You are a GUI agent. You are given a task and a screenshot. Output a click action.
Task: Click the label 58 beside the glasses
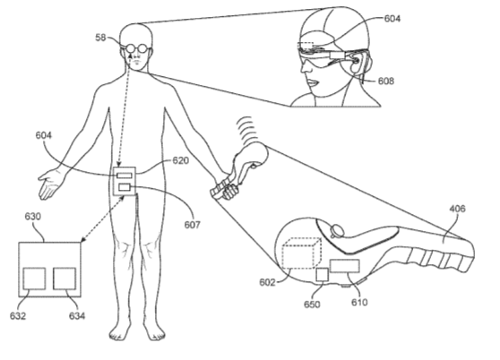click(x=100, y=38)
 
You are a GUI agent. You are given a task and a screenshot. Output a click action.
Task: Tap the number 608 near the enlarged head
click(x=386, y=81)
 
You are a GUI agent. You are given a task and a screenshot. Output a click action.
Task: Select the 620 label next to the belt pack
click(x=180, y=160)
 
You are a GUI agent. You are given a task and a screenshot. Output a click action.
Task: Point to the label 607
click(x=192, y=225)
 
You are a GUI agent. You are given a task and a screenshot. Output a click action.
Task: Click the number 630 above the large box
click(x=33, y=217)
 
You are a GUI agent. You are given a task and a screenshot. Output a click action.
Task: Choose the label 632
click(x=18, y=316)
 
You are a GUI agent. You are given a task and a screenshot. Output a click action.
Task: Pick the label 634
click(x=77, y=316)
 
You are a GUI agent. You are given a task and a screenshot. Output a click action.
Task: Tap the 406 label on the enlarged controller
click(x=457, y=209)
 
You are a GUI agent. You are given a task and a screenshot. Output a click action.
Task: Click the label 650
click(x=312, y=304)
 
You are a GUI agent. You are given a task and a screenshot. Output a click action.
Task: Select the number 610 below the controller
click(x=359, y=302)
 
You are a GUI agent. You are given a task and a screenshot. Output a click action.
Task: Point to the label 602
click(x=267, y=282)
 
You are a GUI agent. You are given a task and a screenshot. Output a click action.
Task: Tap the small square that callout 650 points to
click(x=322, y=275)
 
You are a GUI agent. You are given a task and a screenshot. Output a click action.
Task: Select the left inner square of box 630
click(x=34, y=279)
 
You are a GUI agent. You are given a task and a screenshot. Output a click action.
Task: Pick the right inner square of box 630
click(x=65, y=279)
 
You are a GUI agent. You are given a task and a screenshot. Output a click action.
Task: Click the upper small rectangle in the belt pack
click(x=125, y=176)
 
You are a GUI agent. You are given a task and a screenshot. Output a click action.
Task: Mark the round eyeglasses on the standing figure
click(x=138, y=48)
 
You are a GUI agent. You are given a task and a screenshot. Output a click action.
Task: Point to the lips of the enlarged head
click(x=313, y=83)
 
